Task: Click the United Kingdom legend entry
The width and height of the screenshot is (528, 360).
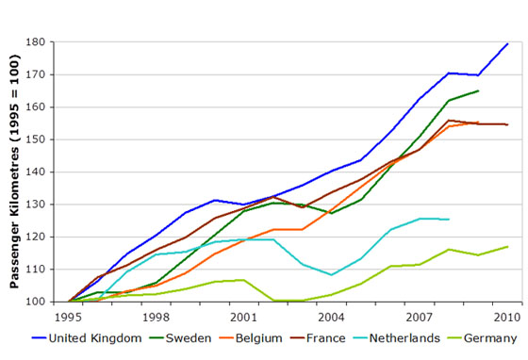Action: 84,338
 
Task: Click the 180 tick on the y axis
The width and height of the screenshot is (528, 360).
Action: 49,42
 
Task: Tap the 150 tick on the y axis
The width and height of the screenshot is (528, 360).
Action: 49,139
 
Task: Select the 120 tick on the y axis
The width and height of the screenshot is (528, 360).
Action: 49,237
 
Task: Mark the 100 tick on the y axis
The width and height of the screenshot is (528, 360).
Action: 49,302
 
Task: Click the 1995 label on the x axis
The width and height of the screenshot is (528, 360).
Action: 70,316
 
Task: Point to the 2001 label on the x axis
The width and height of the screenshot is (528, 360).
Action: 244,316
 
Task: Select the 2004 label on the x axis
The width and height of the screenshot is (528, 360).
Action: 332,316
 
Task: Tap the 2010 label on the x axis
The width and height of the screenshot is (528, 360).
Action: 507,316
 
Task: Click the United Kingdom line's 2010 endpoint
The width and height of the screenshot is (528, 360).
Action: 508,43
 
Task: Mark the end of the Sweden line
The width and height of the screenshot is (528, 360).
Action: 479,90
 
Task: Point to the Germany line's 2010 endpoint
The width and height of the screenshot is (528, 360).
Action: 508,247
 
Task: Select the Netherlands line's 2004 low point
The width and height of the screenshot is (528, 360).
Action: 333,274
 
